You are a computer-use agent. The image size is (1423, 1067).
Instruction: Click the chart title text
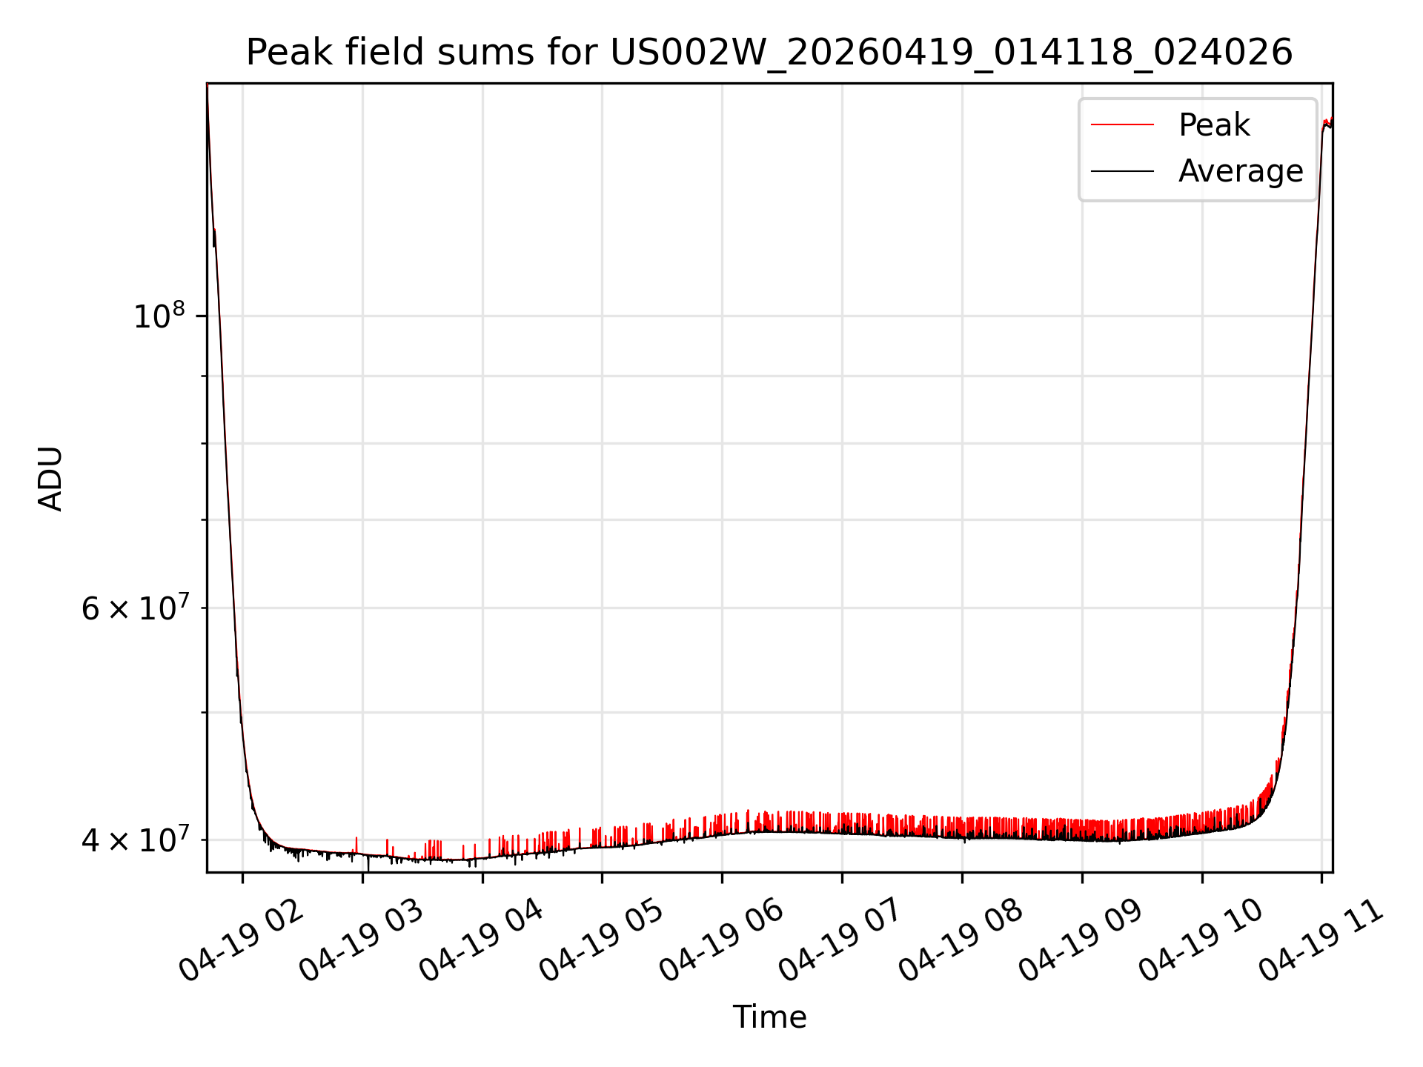pos(769,53)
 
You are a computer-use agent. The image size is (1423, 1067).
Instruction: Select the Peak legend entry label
pos(1214,124)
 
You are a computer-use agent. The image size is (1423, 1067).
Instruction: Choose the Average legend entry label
pos(1241,171)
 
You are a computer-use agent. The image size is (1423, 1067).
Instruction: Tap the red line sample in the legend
pos(1122,124)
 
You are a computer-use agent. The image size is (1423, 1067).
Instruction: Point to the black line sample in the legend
pos(1122,171)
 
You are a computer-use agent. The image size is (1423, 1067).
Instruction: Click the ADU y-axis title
pos(50,478)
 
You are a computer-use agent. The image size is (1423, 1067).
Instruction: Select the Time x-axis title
pos(769,1017)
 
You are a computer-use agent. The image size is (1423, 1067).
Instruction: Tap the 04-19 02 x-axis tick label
pos(242,940)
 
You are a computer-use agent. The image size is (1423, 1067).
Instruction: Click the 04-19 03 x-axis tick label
pos(362,940)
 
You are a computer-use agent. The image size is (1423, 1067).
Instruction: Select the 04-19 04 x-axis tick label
pos(482,940)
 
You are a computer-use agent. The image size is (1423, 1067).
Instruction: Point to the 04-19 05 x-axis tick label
pos(602,940)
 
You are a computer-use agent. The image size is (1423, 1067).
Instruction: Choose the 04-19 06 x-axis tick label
pos(722,940)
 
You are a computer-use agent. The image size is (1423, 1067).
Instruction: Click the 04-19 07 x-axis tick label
pos(842,940)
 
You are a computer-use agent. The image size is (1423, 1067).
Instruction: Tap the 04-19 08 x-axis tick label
pos(962,940)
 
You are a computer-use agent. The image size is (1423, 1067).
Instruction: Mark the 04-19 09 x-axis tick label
pos(1082,940)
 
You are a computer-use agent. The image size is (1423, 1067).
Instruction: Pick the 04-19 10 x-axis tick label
pos(1202,940)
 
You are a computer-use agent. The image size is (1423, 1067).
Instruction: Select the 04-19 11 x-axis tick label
pos(1322,940)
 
